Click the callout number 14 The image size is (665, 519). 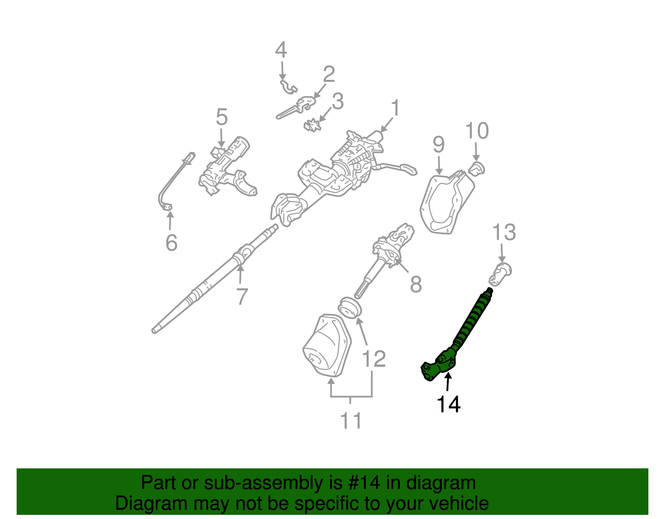[448, 404]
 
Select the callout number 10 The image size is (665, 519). [477, 131]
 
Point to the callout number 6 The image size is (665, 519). [171, 242]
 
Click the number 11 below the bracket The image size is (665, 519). [351, 421]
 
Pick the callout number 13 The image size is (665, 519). [504, 232]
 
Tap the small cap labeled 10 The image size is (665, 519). [477, 169]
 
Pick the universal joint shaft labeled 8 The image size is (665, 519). [387, 258]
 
